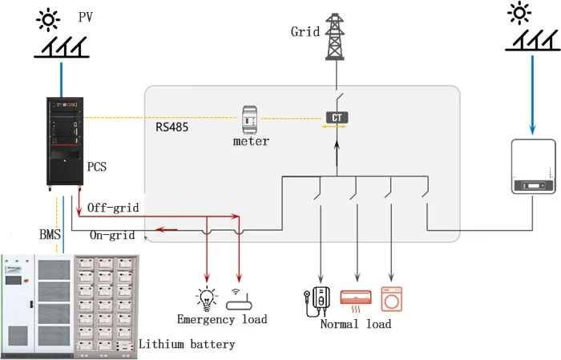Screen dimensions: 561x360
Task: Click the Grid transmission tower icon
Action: (x=335, y=37)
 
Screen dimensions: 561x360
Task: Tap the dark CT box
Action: (x=337, y=117)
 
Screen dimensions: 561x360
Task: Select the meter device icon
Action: (x=250, y=120)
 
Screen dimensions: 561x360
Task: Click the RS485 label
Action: (x=172, y=127)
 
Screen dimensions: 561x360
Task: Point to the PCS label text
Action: (x=97, y=167)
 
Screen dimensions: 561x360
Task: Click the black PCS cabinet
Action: (x=65, y=144)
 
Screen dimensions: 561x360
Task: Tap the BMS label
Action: (x=50, y=235)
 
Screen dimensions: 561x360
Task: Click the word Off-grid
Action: (x=113, y=208)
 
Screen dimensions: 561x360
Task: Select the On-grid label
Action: (x=112, y=235)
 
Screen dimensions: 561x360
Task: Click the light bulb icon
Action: (x=207, y=298)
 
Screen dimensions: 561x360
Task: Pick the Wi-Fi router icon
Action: (x=239, y=300)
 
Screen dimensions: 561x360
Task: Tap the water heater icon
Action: (x=317, y=301)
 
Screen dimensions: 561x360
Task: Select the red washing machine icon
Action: (x=391, y=299)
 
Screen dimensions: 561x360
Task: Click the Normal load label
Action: (x=356, y=324)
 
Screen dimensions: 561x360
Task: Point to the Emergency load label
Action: (x=222, y=319)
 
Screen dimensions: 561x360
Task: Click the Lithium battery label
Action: (x=187, y=344)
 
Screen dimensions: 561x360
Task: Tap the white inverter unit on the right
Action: (x=534, y=167)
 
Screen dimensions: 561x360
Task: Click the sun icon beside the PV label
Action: (x=48, y=20)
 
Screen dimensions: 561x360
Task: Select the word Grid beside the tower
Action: (x=305, y=31)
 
